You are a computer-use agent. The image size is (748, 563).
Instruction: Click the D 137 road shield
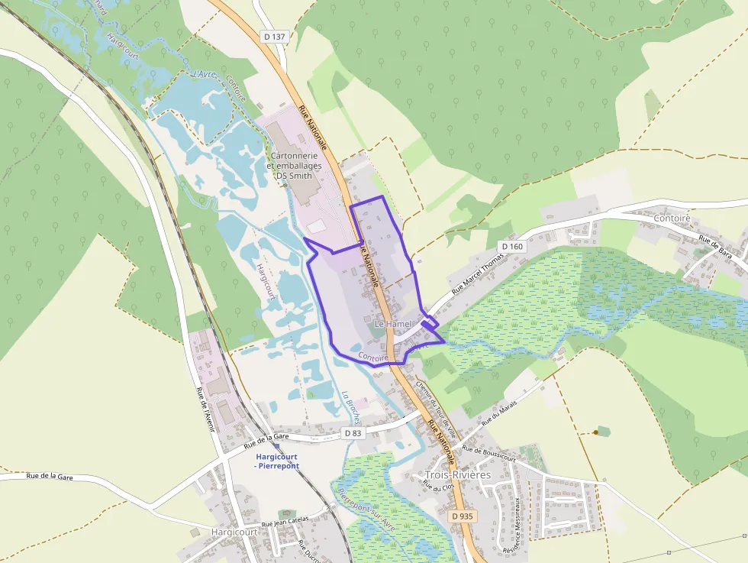pyautogui.click(x=274, y=36)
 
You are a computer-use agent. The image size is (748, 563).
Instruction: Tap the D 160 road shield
pyautogui.click(x=513, y=246)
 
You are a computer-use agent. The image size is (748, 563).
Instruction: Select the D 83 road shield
pyautogui.click(x=353, y=433)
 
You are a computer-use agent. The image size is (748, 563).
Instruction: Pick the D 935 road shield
pyautogui.click(x=463, y=516)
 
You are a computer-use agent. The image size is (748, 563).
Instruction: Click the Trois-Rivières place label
pyautogui.click(x=458, y=475)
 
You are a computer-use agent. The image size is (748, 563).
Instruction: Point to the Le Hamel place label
pyautogui.click(x=393, y=324)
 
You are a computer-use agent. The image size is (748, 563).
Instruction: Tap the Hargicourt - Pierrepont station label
pyautogui.click(x=276, y=461)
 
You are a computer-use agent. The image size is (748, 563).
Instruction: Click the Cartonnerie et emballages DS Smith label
pyautogui.click(x=294, y=165)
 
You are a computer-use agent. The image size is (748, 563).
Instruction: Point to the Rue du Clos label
pyautogui.click(x=439, y=486)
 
